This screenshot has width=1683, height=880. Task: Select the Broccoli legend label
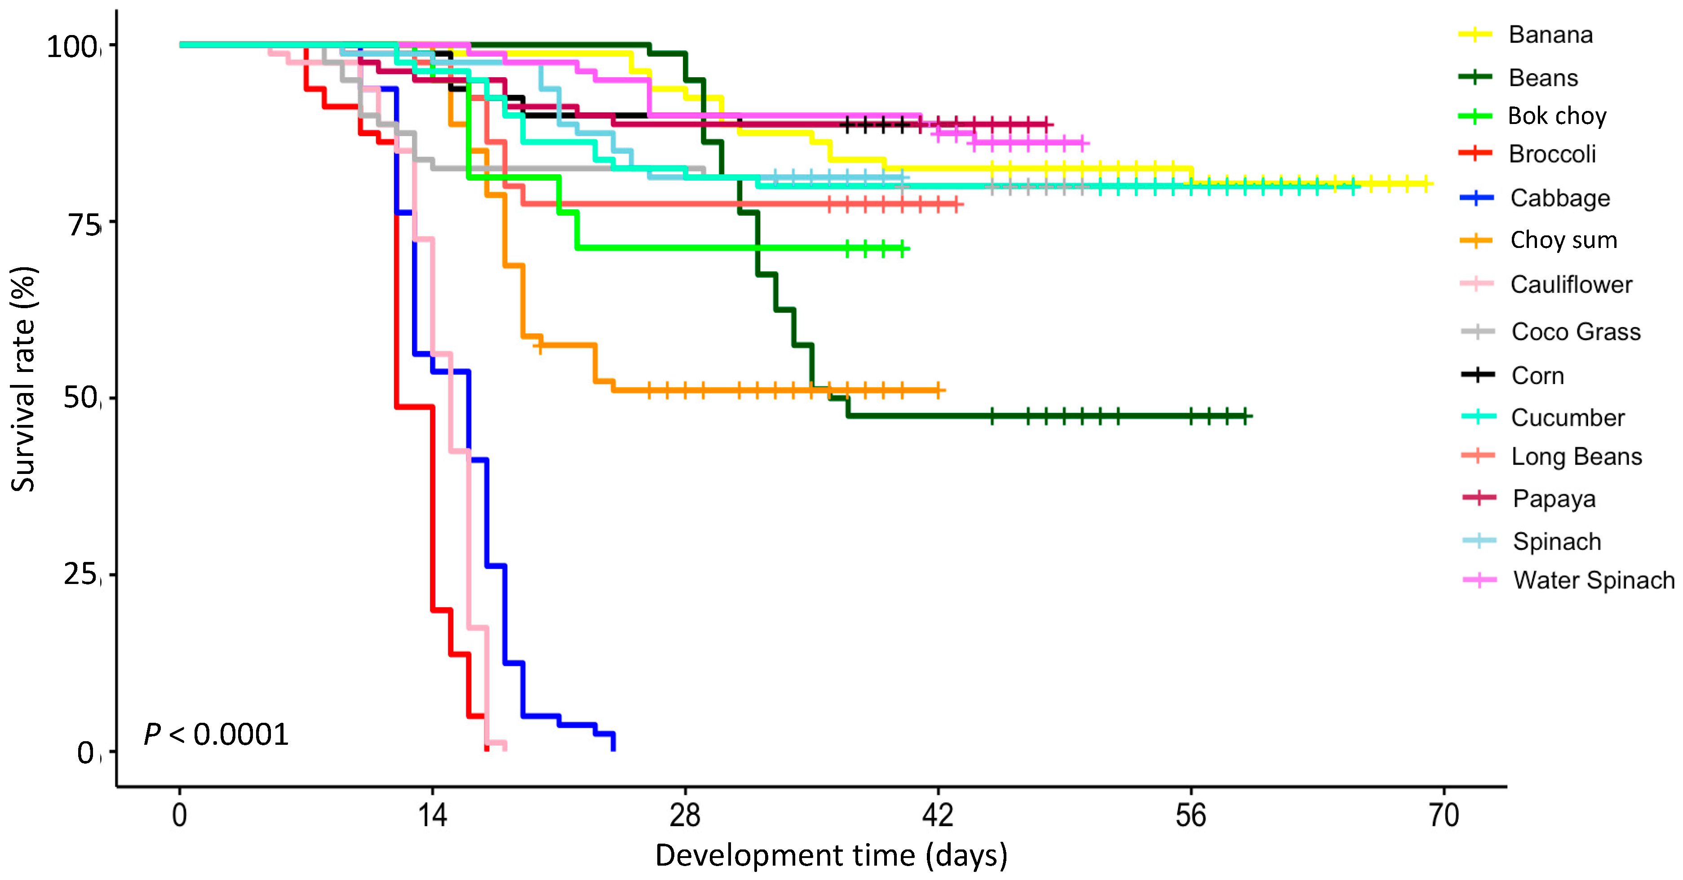pos(1552,154)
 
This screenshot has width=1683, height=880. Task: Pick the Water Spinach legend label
pos(1594,579)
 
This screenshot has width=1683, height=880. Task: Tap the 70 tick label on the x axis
pos(1443,815)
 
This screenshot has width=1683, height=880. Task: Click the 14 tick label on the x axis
pos(432,815)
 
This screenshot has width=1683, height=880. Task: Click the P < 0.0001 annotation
pos(216,734)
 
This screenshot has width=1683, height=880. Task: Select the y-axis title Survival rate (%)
pos(23,379)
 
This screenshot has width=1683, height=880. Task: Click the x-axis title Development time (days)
pos(831,855)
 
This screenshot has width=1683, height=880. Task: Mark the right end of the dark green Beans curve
pos(1250,416)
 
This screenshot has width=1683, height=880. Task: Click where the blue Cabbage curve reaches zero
pos(613,749)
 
